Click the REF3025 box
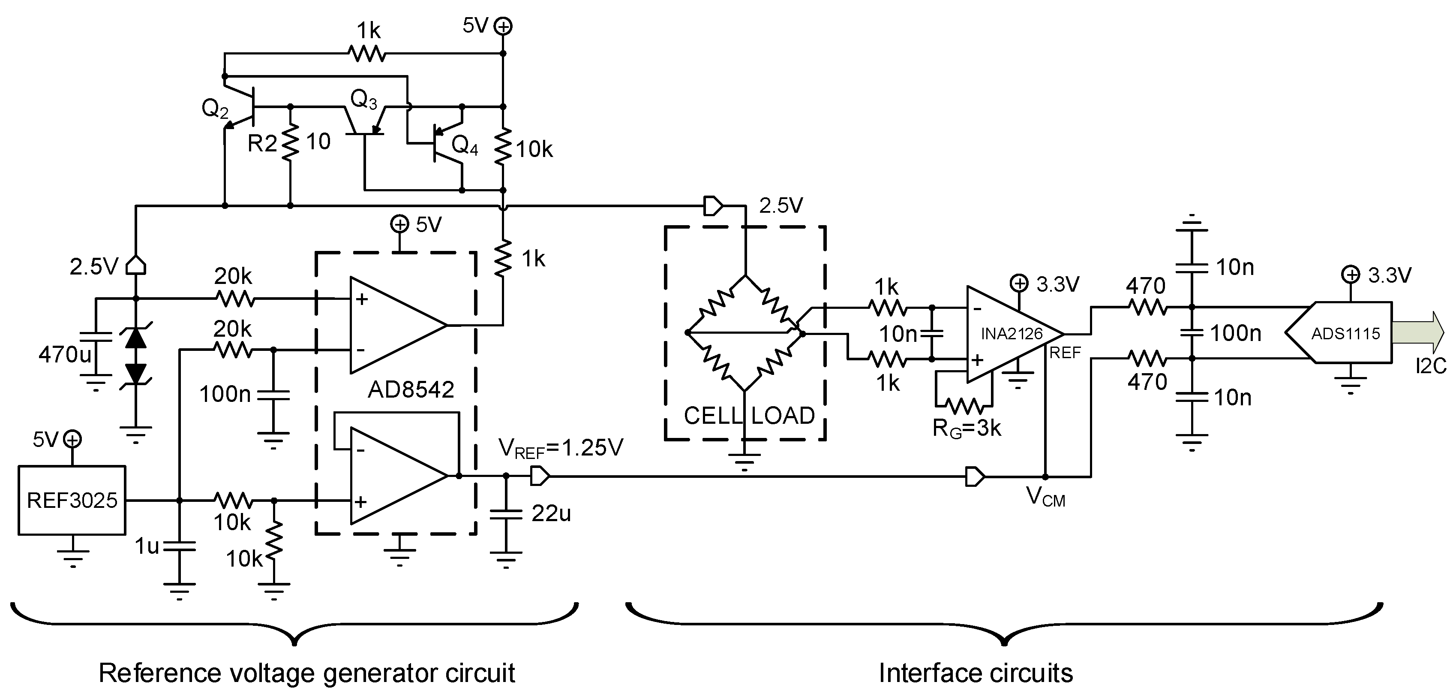pos(72,500)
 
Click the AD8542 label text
pos(411,389)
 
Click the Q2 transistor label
pos(215,109)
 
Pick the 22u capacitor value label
pos(551,513)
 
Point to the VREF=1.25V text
pos(561,448)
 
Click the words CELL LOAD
pos(749,416)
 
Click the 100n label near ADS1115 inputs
pos(1236,333)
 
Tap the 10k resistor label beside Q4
pos(534,150)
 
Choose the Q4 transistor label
pos(465,146)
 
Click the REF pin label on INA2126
pos(1065,353)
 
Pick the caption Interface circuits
pos(976,673)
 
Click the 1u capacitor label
pos(147,546)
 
